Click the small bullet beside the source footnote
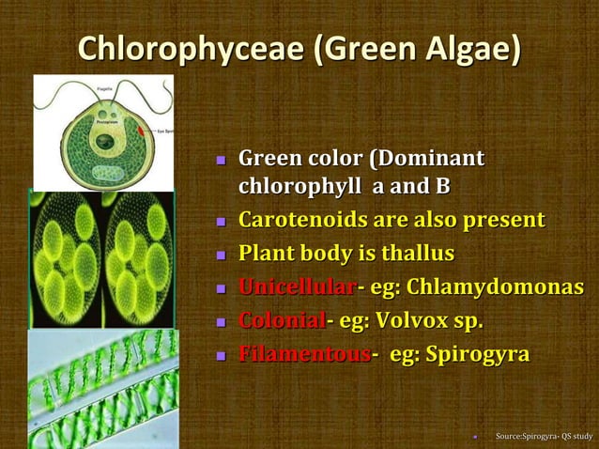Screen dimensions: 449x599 [476, 436]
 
